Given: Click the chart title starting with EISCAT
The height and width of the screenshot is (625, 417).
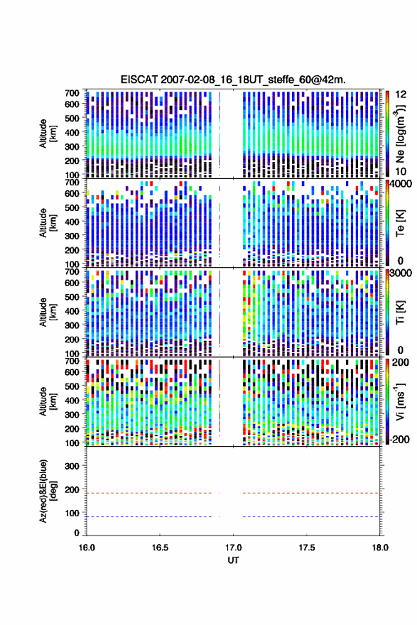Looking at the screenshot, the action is [x=233, y=80].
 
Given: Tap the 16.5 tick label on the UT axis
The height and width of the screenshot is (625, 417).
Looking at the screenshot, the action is [x=159, y=548].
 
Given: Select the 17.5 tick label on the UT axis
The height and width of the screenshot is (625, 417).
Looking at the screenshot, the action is [x=307, y=548].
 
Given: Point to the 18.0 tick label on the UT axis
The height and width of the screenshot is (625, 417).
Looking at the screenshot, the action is [x=380, y=548].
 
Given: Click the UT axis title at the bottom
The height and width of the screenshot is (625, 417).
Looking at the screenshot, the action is [x=233, y=560].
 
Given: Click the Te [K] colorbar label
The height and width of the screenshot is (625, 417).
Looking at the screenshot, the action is [x=400, y=224].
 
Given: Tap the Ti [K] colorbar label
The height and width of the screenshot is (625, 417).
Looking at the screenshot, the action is [x=400, y=313].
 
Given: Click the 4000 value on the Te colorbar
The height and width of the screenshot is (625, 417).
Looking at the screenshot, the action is [x=401, y=185].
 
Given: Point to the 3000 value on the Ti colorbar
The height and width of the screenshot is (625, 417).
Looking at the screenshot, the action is [x=401, y=274].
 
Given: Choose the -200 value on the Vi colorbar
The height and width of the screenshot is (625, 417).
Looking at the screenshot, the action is [x=400, y=439].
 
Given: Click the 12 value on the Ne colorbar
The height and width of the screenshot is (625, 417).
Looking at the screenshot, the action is [x=401, y=95].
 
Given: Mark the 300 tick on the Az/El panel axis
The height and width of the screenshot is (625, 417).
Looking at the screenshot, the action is [x=72, y=466].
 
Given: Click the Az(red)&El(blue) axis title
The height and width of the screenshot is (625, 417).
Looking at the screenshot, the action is [x=48, y=491].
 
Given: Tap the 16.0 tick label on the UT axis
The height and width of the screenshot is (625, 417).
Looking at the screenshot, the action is [x=87, y=548].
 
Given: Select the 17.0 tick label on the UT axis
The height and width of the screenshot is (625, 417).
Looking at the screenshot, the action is [x=233, y=548].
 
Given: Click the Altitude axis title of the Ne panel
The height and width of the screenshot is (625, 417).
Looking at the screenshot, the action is [x=48, y=133].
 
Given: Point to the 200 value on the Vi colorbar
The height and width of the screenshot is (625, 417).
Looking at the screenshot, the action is [x=401, y=362].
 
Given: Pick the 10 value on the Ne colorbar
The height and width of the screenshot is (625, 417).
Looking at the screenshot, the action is [x=401, y=171].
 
